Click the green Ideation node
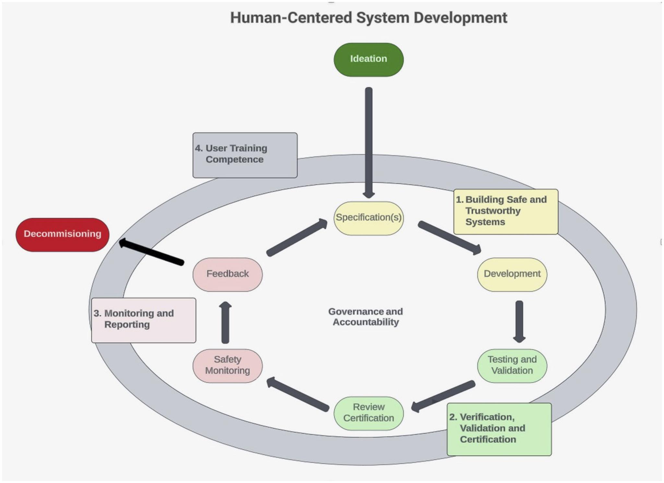click(369, 60)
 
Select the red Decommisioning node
click(63, 234)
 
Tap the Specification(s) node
click(369, 218)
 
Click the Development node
click(512, 274)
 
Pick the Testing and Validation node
click(512, 365)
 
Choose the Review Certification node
click(369, 413)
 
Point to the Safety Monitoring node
click(228, 365)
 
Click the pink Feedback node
click(228, 274)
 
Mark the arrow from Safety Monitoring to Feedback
click(225, 322)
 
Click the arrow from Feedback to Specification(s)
click(297, 238)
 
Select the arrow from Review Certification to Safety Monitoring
click(298, 394)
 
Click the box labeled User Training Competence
click(245, 155)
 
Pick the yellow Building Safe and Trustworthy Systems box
click(505, 211)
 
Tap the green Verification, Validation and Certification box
click(499, 429)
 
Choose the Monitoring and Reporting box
click(144, 320)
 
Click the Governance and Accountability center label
click(365, 317)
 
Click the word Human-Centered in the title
click(290, 18)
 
